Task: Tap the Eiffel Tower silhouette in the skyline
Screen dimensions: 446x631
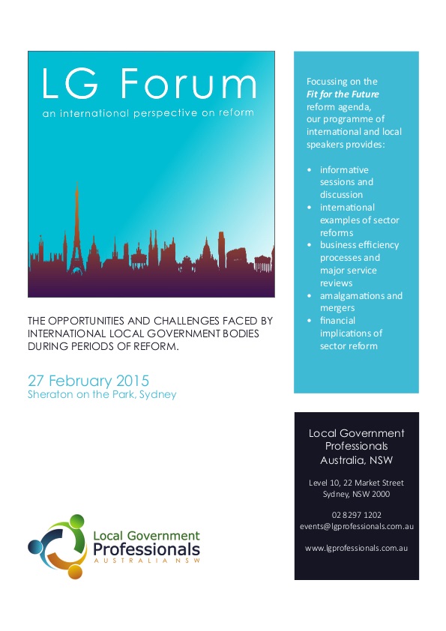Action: (76, 225)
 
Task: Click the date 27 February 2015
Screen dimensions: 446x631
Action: (88, 378)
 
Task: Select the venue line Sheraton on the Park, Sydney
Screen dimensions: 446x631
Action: (102, 394)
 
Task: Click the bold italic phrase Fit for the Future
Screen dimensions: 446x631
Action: (343, 94)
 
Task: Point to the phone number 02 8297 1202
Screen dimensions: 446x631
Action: (356, 514)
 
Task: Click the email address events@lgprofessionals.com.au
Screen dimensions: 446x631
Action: (356, 526)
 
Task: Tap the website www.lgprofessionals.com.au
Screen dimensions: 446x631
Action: (356, 549)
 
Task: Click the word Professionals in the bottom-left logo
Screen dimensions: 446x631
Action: (146, 551)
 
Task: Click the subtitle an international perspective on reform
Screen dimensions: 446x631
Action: (148, 113)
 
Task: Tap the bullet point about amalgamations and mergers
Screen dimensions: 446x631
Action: (361, 301)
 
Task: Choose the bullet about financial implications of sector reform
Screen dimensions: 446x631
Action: (351, 333)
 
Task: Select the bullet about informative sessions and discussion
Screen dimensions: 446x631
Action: (346, 182)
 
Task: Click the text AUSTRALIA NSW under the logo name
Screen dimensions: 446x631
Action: (147, 564)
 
